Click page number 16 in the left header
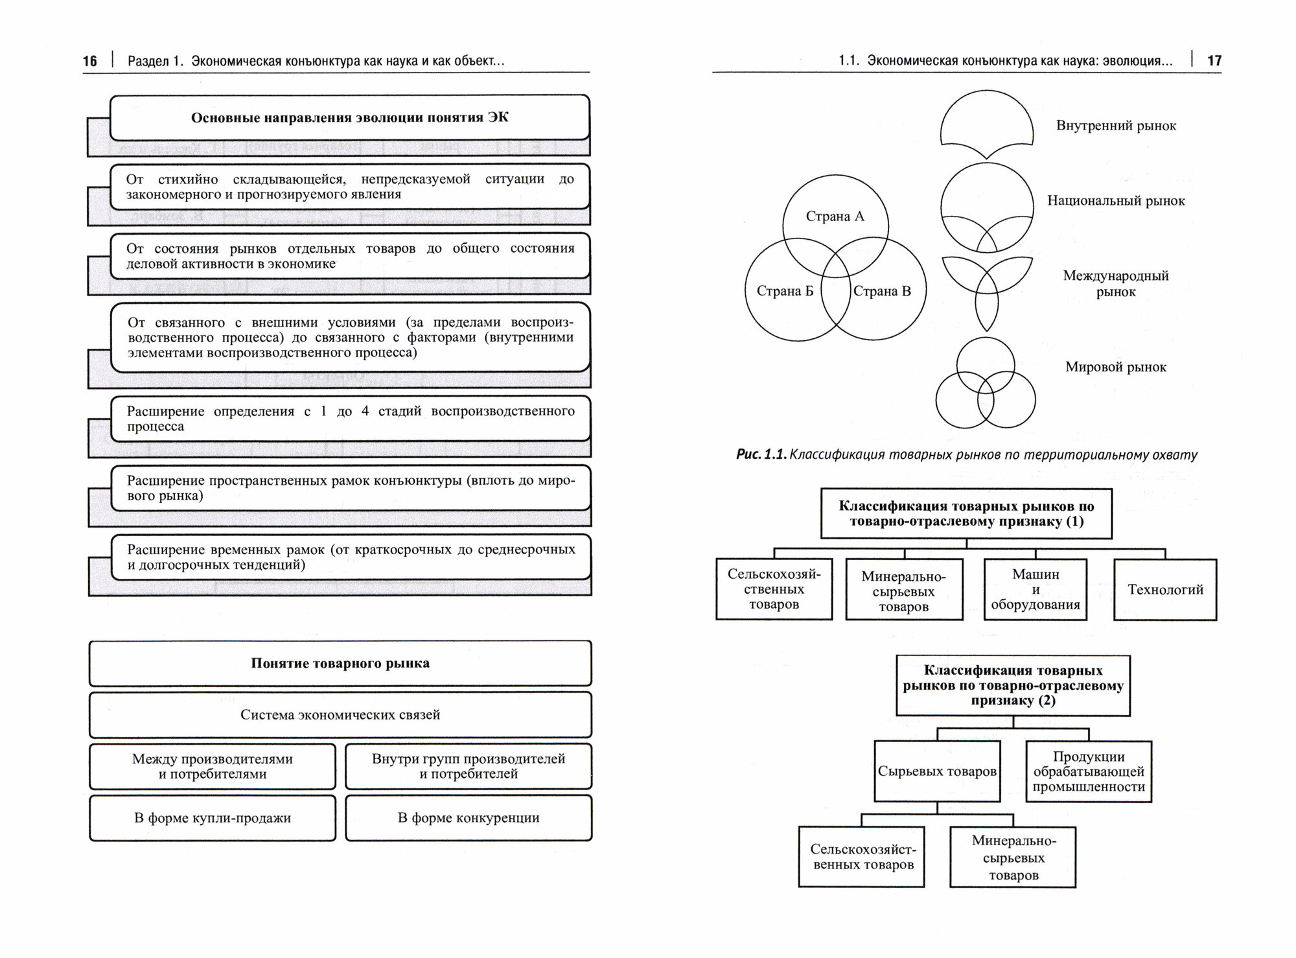(90, 61)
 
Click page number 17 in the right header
(1214, 61)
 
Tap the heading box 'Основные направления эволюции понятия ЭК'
(349, 117)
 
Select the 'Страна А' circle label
(835, 216)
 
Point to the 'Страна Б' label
(785, 291)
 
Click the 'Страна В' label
(882, 291)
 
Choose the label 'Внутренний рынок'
(1116, 126)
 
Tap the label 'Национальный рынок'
(1116, 201)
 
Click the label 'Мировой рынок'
(1116, 367)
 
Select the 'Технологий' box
(1165, 590)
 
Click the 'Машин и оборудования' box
(1036, 590)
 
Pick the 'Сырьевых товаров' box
(937, 771)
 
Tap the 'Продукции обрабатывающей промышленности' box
(1089, 771)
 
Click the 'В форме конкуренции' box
(469, 818)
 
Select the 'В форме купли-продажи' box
(213, 818)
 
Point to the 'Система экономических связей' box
(340, 715)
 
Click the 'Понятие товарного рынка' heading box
(340, 663)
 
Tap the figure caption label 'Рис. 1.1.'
(761, 454)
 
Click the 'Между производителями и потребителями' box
(213, 766)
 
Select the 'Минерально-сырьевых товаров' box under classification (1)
(904, 591)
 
